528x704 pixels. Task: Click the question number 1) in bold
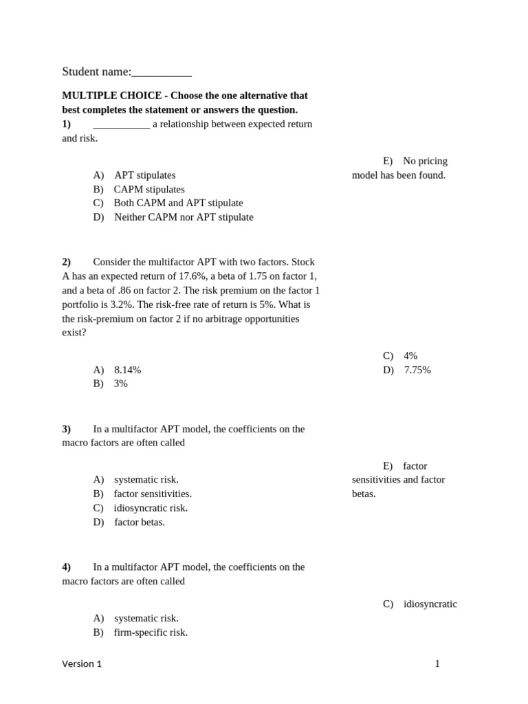pyautogui.click(x=67, y=124)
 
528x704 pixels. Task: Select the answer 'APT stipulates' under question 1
pyautogui.click(x=145, y=175)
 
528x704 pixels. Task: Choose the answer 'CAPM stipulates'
pyautogui.click(x=149, y=189)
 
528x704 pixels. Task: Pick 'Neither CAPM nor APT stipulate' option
pyautogui.click(x=184, y=217)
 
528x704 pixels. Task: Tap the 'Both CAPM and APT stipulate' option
pyautogui.click(x=178, y=203)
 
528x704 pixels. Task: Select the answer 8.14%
pyautogui.click(x=128, y=370)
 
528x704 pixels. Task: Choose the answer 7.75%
pyautogui.click(x=417, y=370)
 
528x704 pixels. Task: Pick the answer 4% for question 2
pyautogui.click(x=410, y=356)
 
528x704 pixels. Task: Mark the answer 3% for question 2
pyautogui.click(x=121, y=384)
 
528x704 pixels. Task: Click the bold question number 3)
pyautogui.click(x=67, y=429)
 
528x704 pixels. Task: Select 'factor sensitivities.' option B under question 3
pyautogui.click(x=153, y=494)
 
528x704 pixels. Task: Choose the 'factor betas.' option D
pyautogui.click(x=140, y=522)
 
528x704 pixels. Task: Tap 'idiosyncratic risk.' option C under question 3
pyautogui.click(x=151, y=508)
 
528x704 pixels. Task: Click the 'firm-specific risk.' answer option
pyautogui.click(x=151, y=632)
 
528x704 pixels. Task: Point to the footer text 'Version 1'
pyautogui.click(x=82, y=664)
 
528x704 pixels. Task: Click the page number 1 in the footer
pyautogui.click(x=437, y=664)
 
